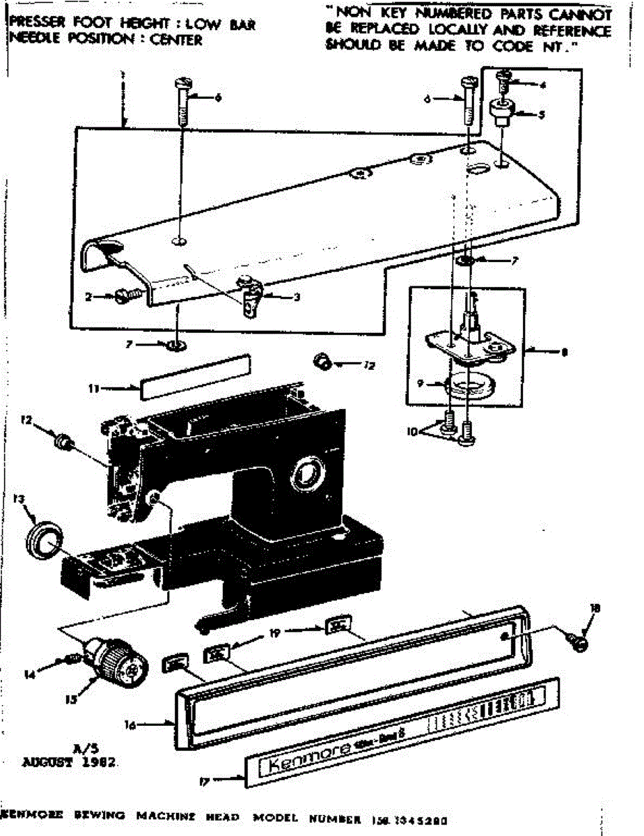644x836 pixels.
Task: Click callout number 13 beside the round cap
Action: coord(19,499)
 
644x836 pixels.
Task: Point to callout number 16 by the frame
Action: coord(129,725)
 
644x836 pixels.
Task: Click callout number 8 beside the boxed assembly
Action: coord(563,353)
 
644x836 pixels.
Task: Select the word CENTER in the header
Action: coord(175,40)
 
